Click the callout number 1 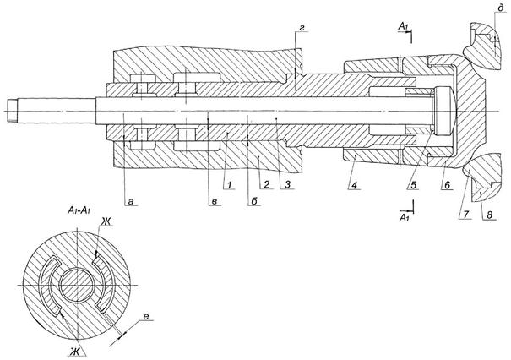[x=230, y=185]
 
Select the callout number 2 [x=267, y=185]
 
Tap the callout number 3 [x=287, y=185]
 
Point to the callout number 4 [x=354, y=186]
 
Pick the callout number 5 [x=413, y=186]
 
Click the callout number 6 [x=447, y=186]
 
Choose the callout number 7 [x=465, y=215]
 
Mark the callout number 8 [x=490, y=215]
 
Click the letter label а [x=131, y=202]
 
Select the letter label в [x=215, y=202]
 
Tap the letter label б [x=254, y=201]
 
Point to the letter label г [x=302, y=29]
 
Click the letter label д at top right [x=500, y=8]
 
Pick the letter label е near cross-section [x=146, y=317]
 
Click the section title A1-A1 [x=79, y=210]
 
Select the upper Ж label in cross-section [x=106, y=221]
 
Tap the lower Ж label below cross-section [x=74, y=352]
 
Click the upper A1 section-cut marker [x=404, y=26]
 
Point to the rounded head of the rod [x=443, y=111]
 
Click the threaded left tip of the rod [x=12, y=111]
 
